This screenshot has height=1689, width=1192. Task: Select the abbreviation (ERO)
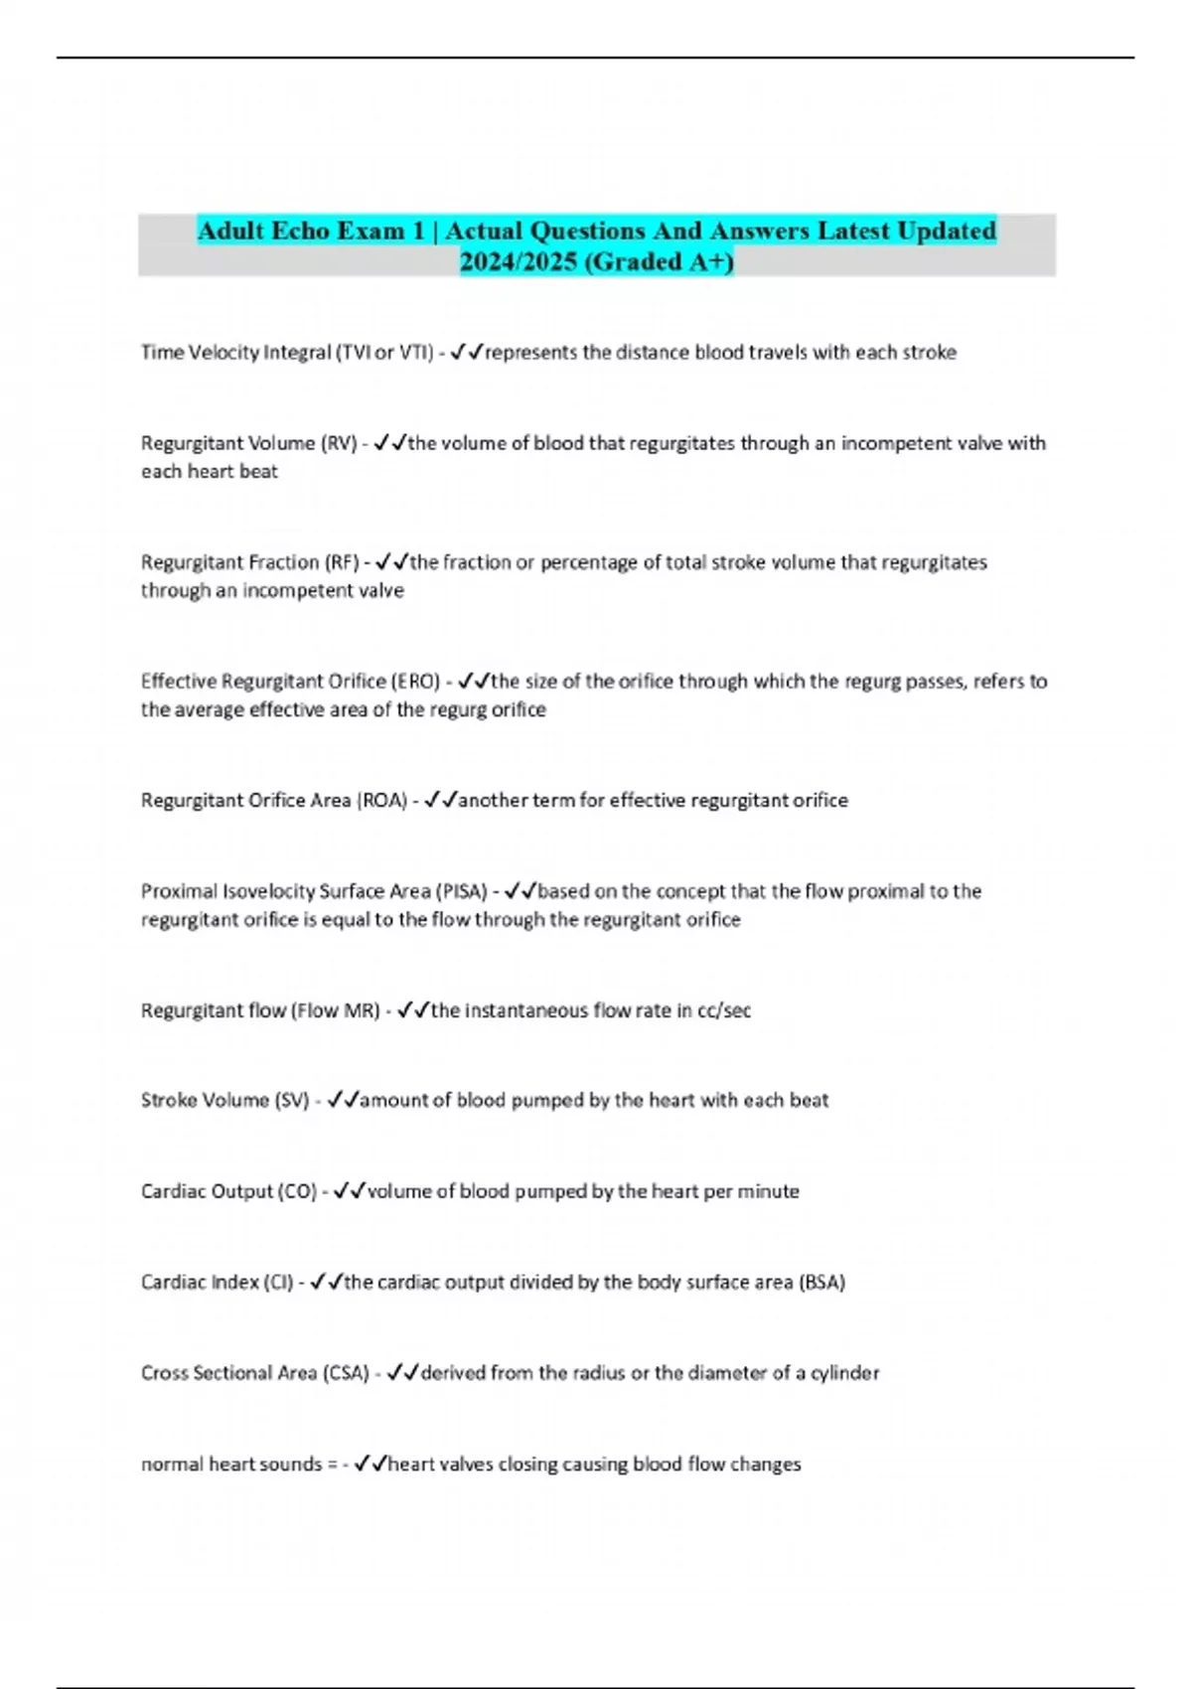tap(417, 682)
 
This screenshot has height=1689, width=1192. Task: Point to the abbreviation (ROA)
tap(381, 801)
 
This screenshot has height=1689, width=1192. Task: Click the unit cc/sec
tap(724, 1010)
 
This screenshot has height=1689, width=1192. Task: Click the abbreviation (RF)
tap(342, 562)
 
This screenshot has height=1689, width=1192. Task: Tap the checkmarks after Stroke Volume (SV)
tap(343, 1100)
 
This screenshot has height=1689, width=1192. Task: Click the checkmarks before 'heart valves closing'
tap(371, 1463)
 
